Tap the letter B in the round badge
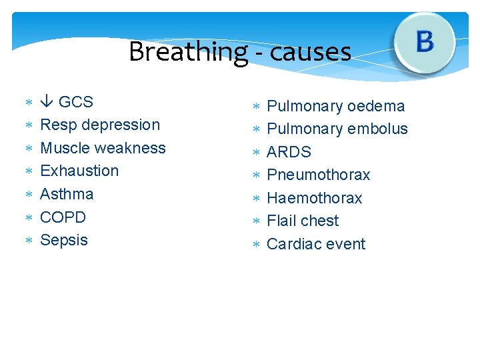[x=425, y=42]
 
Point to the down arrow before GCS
[x=47, y=102]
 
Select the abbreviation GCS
[x=75, y=102]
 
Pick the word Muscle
[x=64, y=148]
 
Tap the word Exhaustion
[x=79, y=171]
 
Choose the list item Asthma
[x=67, y=194]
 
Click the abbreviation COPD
[x=63, y=217]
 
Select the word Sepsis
[x=64, y=240]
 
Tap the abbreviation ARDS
[x=289, y=152]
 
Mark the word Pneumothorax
[x=318, y=175]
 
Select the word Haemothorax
[x=314, y=198]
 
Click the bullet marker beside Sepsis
[x=29, y=240]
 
